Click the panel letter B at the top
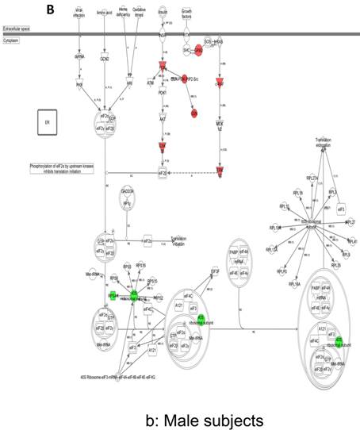tap(50, 10)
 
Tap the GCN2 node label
tap(104, 58)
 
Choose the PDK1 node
tap(162, 93)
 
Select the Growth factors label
tap(187, 13)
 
